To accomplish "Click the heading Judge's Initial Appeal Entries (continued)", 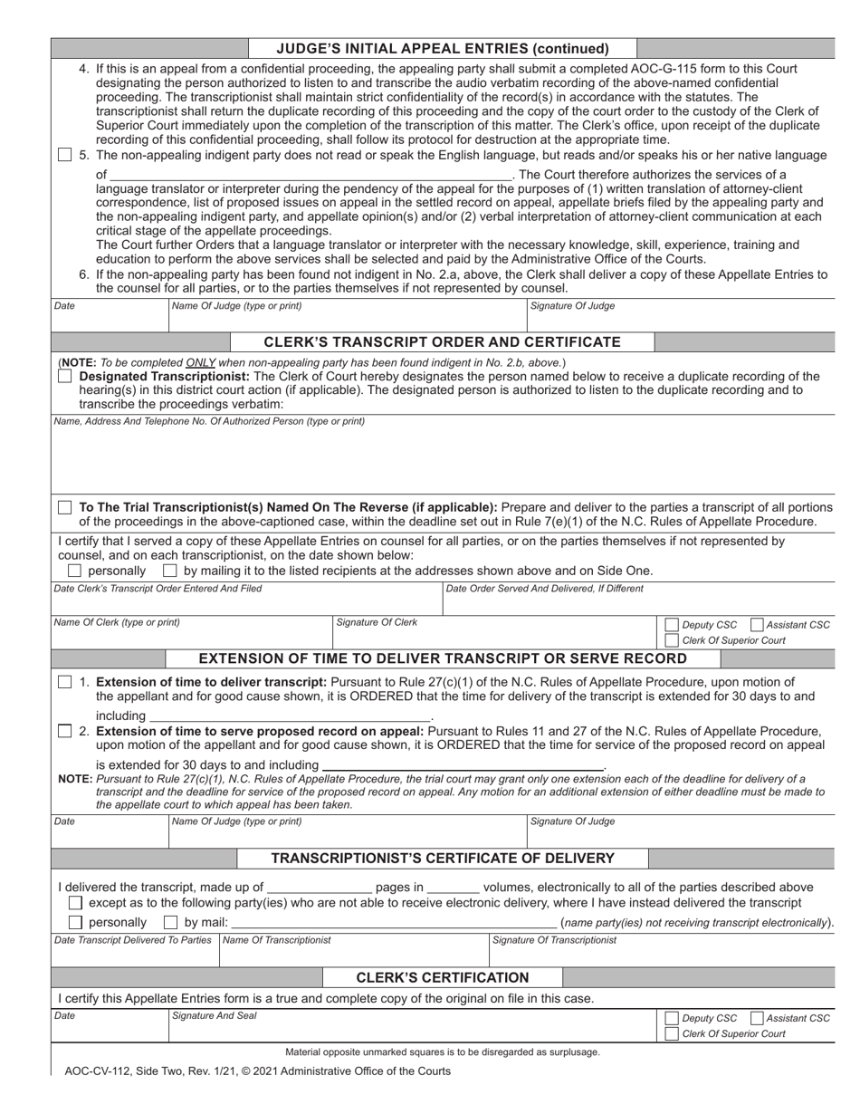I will pos(442,48).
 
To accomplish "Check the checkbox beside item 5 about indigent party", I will pos(65,156).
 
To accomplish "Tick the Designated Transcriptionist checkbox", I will pos(65,377).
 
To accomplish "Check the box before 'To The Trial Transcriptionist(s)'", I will pos(65,508).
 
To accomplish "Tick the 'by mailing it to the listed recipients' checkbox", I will pos(170,571).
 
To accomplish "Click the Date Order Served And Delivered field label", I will pos(545,589).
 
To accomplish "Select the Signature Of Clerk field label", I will pos(377,622).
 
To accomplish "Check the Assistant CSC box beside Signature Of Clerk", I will pos(759,625).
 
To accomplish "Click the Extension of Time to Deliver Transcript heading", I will pos(442,658).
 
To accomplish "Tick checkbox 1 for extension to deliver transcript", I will pos(65,683).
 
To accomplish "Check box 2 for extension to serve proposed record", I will pos(65,732).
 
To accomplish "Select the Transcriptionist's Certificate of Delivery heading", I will pos(442,858).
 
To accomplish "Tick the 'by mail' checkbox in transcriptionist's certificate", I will pos(170,923).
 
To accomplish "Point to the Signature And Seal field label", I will pos(215,1016).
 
